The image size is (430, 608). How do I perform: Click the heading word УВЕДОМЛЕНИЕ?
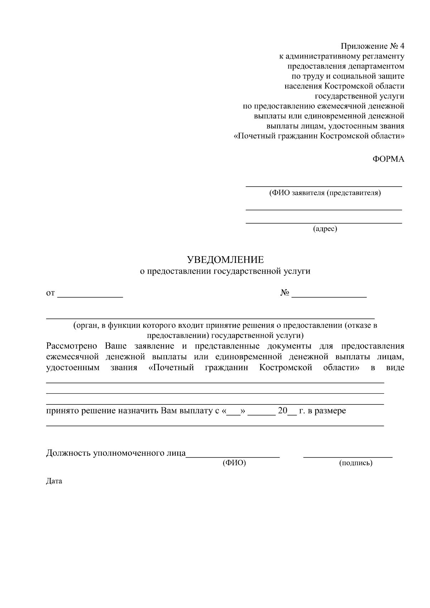(225, 259)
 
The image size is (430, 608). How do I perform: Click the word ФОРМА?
(388, 159)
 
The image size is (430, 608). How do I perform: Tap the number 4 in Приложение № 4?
(402, 46)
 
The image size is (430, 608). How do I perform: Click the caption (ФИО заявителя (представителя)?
(325, 193)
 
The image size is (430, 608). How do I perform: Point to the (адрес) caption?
(325, 229)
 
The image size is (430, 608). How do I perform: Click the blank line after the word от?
(90, 296)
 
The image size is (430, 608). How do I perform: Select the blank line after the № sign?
(329, 296)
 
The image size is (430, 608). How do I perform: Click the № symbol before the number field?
(285, 293)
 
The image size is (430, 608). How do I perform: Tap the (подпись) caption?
(355, 463)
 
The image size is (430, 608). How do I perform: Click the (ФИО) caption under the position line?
(234, 463)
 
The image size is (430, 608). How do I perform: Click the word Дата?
(54, 481)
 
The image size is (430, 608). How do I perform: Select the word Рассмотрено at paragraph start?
(72, 346)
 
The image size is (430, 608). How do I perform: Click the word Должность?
(68, 453)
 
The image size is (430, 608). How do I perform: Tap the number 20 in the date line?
(283, 411)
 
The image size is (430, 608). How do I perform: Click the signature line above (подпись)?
(348, 457)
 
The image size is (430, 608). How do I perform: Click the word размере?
(330, 411)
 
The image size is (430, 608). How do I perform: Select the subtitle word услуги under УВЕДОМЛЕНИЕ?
(297, 271)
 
